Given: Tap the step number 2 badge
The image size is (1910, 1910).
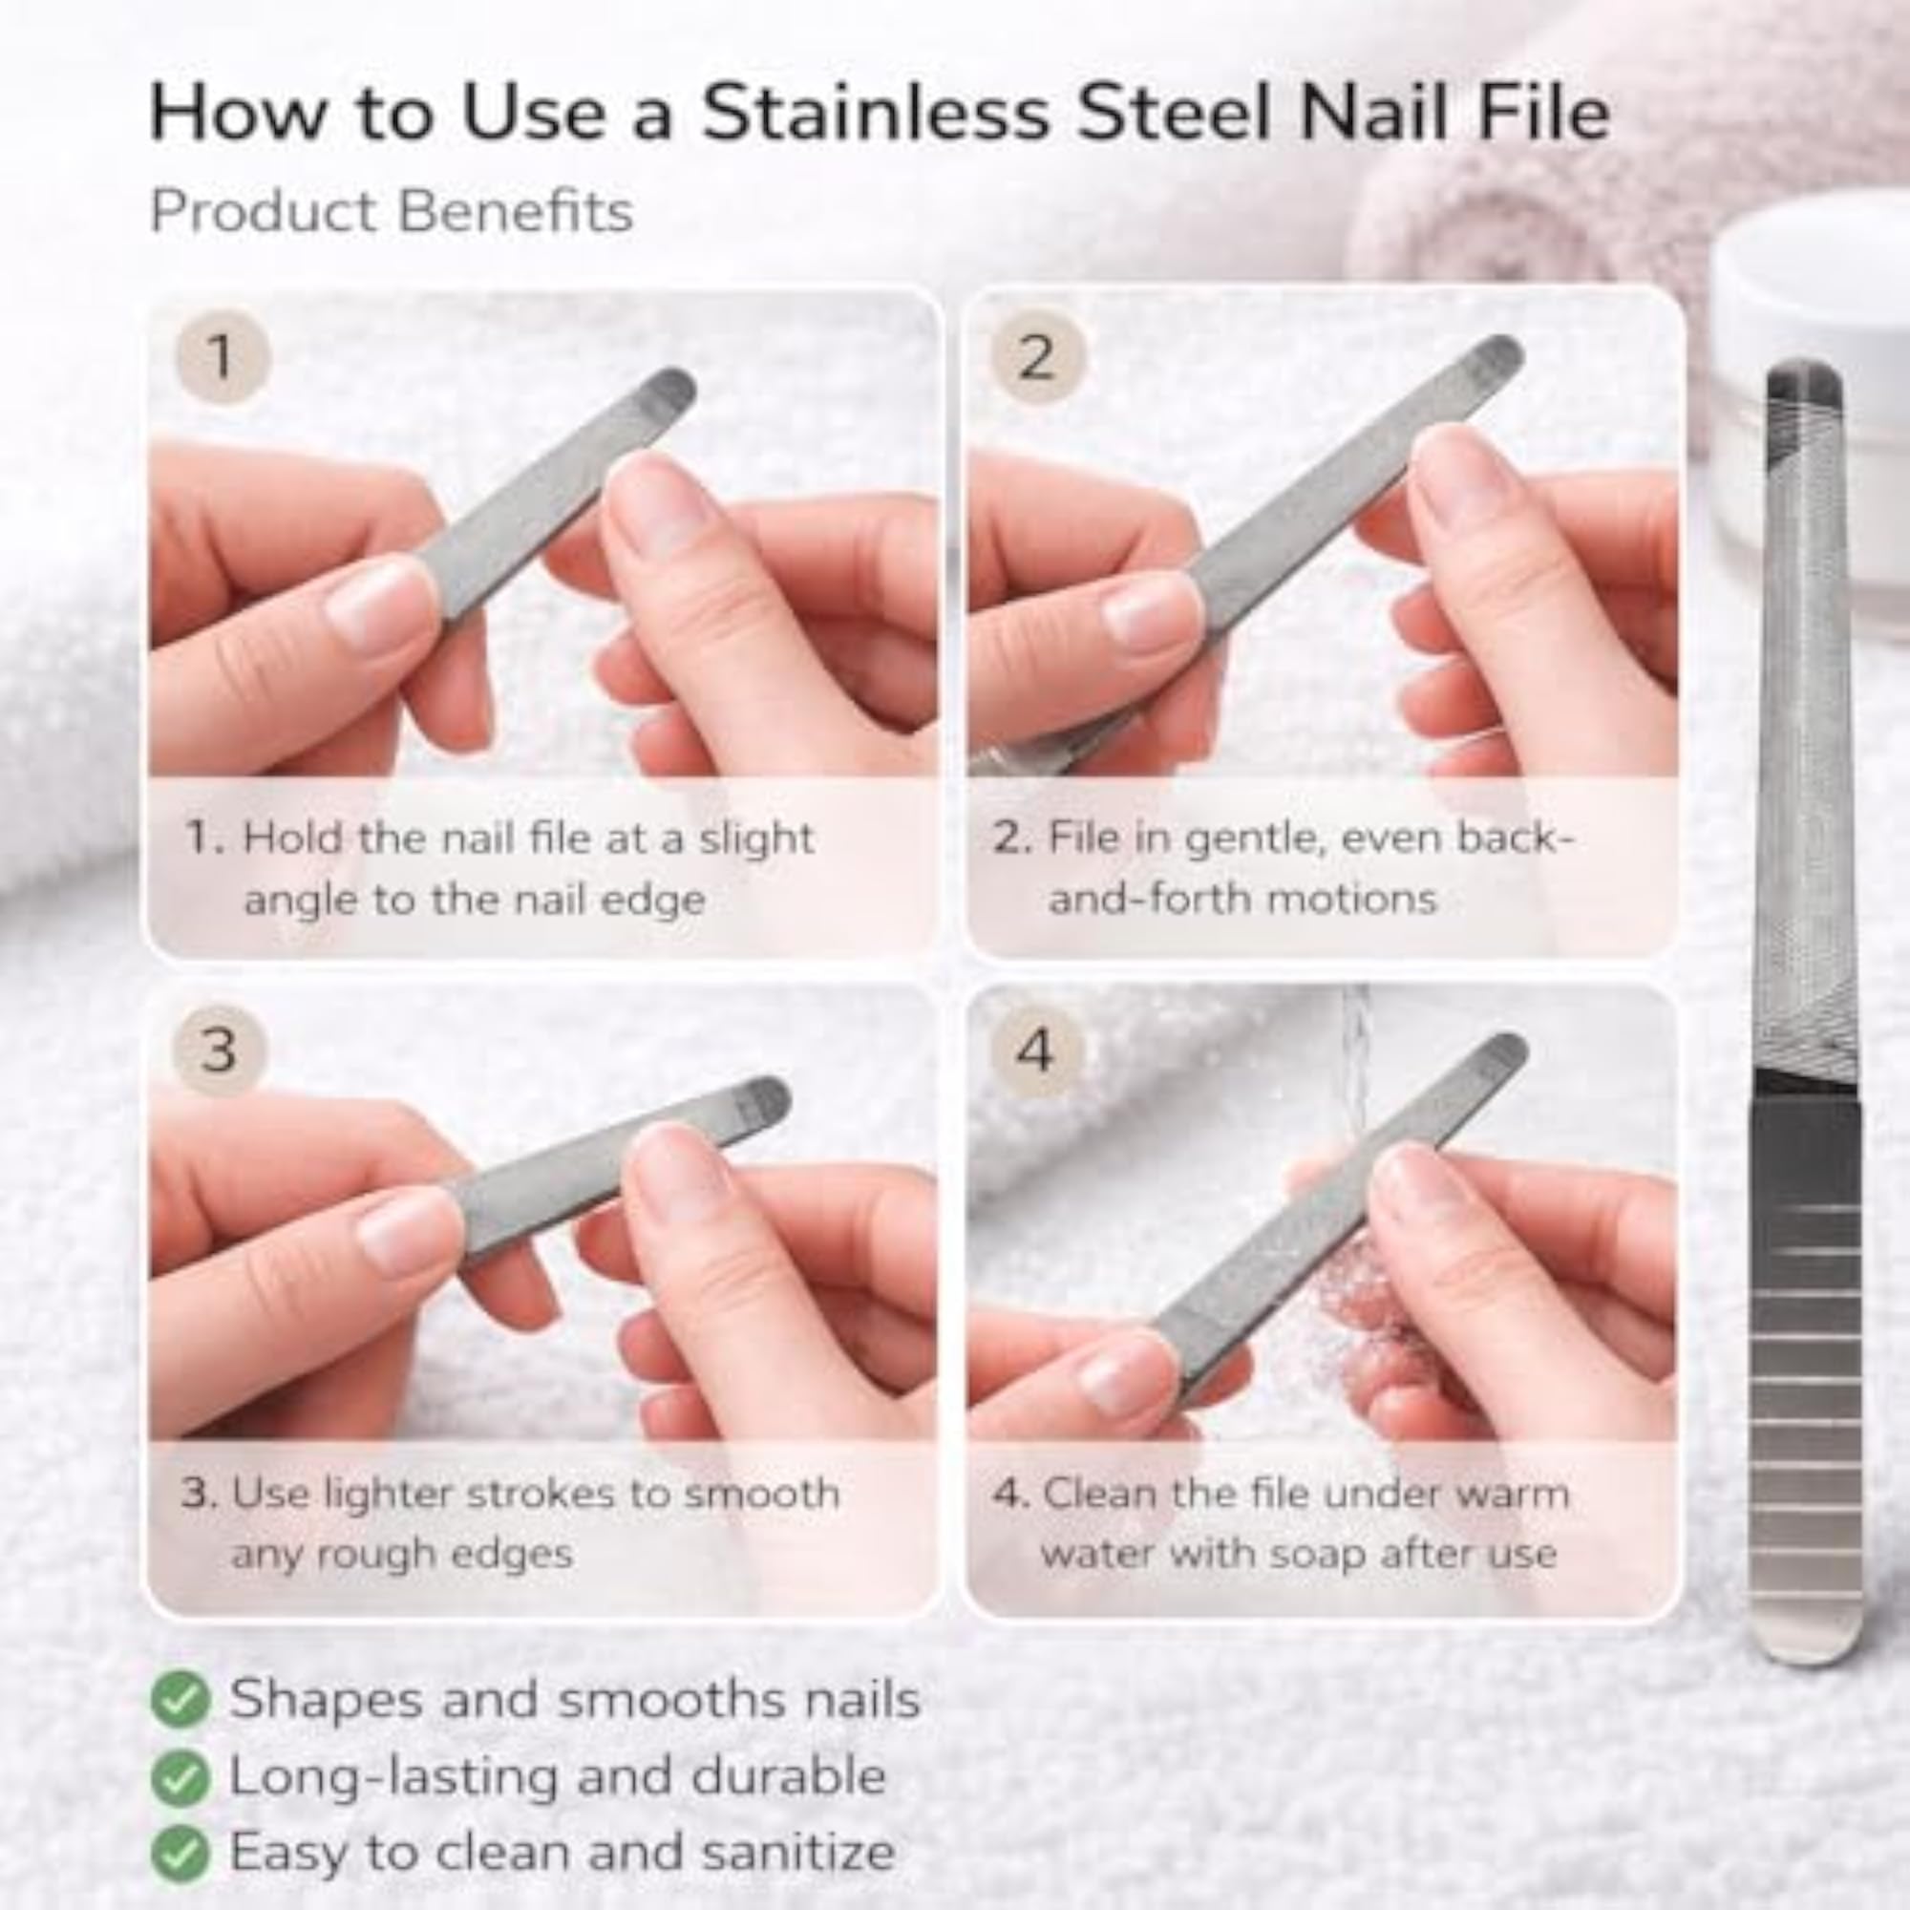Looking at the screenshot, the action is (1036, 355).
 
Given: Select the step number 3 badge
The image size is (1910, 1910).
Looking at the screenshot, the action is (220, 1050).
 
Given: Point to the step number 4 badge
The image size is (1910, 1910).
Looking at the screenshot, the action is (1034, 1050).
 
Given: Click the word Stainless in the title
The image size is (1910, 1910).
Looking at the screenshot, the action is (875, 114).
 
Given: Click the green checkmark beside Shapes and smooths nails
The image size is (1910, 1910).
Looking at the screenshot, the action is (180, 1700).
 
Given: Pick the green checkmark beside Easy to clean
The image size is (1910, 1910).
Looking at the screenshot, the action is (180, 1854).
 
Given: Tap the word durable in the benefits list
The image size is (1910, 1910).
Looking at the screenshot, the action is (788, 1774).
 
